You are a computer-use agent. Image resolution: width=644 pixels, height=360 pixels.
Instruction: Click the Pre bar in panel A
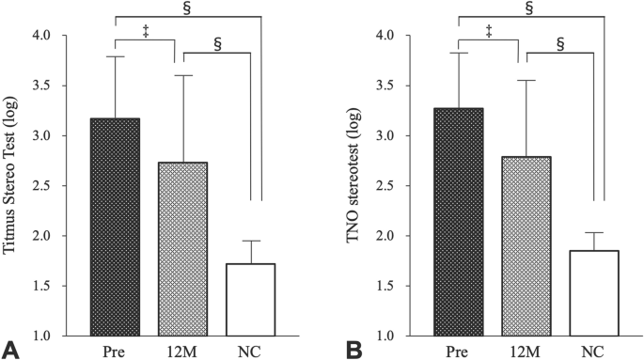[x=115, y=227]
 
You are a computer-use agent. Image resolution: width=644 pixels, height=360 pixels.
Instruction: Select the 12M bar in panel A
[x=175, y=248]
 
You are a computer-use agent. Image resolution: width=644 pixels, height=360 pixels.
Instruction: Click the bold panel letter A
[x=10, y=351]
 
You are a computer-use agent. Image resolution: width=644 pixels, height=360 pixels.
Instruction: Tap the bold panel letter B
[x=355, y=351]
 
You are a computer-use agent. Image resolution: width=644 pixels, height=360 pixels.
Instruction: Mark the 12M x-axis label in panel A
[x=175, y=352]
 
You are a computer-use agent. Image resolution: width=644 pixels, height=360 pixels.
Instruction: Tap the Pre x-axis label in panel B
[x=458, y=352]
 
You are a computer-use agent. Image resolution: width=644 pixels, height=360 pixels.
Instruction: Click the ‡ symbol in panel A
[x=145, y=31]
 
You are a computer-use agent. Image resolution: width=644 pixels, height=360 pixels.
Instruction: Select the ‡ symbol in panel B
[x=488, y=31]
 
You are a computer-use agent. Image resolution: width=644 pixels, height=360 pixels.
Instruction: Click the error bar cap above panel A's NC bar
[x=251, y=241]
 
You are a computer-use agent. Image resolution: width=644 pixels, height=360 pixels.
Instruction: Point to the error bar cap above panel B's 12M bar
[x=518, y=81]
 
